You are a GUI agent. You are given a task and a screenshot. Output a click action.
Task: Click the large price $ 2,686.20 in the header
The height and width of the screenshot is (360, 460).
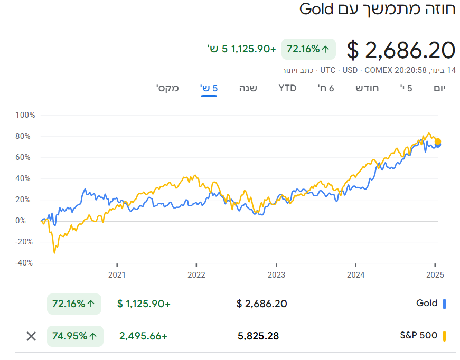(401, 50)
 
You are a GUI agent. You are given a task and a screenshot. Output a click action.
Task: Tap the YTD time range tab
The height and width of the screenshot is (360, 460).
(287, 88)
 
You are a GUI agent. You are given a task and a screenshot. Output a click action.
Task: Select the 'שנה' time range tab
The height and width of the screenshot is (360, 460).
(248, 88)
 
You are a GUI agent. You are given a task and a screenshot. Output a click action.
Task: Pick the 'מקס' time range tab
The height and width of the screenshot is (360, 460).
(167, 88)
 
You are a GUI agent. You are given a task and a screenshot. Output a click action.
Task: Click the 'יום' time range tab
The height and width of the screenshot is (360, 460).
(439, 88)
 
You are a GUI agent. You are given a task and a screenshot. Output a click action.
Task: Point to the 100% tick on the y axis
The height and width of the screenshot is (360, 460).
(25, 115)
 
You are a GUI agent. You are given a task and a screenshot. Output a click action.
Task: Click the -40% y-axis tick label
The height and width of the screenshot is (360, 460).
(25, 263)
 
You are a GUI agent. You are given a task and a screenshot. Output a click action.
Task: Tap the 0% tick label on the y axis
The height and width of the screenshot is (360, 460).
(28, 221)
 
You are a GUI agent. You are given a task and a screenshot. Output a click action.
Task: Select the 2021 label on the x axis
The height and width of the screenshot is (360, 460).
(117, 274)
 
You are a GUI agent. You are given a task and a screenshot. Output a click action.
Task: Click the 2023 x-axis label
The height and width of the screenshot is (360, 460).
(276, 274)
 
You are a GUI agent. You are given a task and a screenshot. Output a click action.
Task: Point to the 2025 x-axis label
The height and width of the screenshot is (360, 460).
(435, 274)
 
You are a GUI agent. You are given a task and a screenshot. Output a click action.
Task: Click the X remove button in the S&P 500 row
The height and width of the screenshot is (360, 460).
(32, 336)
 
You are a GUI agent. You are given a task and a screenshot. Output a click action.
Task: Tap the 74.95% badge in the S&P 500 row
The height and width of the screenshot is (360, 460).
(75, 336)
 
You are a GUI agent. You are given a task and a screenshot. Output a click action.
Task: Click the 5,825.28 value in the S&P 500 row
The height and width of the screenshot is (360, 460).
(258, 336)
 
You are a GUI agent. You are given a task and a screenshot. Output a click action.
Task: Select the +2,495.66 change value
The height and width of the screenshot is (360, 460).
(143, 336)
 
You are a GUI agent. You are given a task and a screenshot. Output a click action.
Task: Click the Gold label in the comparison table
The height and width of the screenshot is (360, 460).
(427, 304)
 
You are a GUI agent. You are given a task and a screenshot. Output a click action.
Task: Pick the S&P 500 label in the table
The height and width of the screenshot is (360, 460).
(419, 336)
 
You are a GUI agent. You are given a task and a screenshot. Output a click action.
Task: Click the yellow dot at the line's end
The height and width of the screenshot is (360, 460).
(437, 141)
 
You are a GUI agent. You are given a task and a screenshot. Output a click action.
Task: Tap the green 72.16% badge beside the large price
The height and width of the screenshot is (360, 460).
(308, 49)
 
